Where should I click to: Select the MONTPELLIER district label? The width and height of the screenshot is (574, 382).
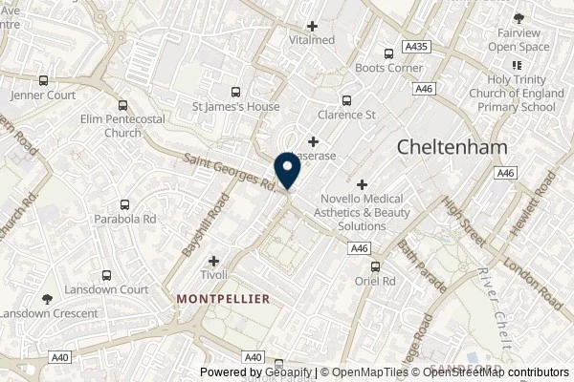(224, 298)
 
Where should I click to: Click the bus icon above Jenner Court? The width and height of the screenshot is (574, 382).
(43, 81)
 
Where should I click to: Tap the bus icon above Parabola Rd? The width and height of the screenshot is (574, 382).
(125, 204)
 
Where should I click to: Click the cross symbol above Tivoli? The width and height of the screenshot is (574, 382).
(213, 260)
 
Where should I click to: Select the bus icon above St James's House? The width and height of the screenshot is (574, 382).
(235, 92)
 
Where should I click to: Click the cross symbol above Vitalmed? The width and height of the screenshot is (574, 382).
(313, 26)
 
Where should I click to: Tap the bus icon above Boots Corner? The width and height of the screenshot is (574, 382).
(388, 54)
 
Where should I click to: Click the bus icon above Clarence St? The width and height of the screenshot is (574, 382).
(346, 99)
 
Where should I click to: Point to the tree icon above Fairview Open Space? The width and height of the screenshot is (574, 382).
(519, 17)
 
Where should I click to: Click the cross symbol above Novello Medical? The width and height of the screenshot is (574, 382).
(362, 183)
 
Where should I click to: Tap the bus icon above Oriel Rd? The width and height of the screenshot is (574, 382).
(375, 266)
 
